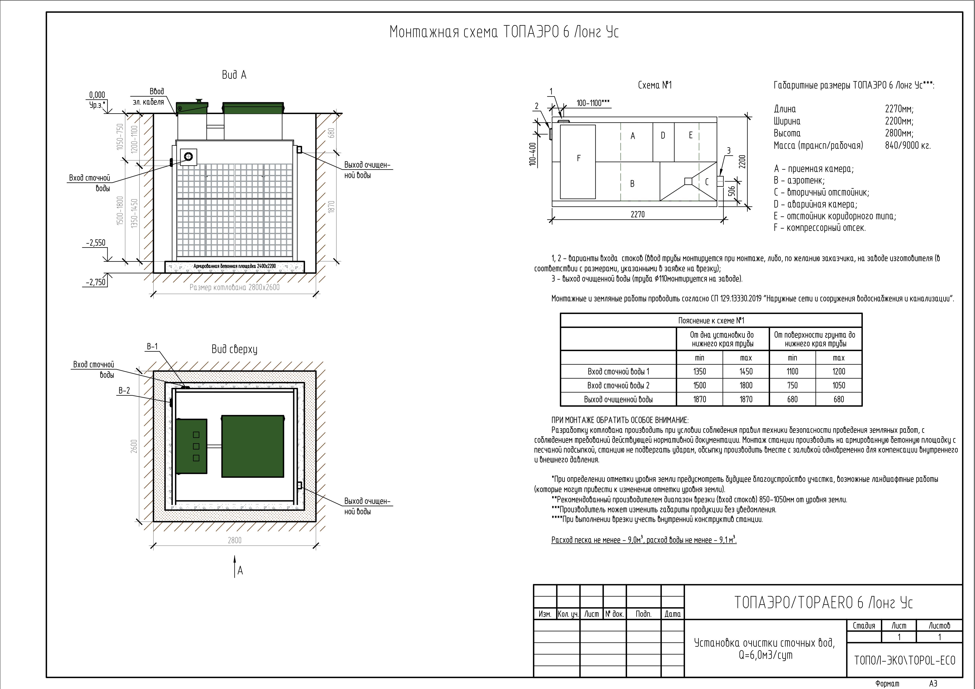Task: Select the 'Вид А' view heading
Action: tap(234, 75)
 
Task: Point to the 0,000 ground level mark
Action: tap(97, 95)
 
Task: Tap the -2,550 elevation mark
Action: tap(95, 243)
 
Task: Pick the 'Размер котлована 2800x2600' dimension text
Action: tap(234, 287)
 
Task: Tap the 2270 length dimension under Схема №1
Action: tap(637, 214)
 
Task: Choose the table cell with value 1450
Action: tap(746, 371)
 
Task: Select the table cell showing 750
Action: tap(792, 385)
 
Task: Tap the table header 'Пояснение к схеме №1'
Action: tap(711, 320)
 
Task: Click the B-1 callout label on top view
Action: tap(152, 346)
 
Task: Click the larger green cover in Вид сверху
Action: tap(253, 446)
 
